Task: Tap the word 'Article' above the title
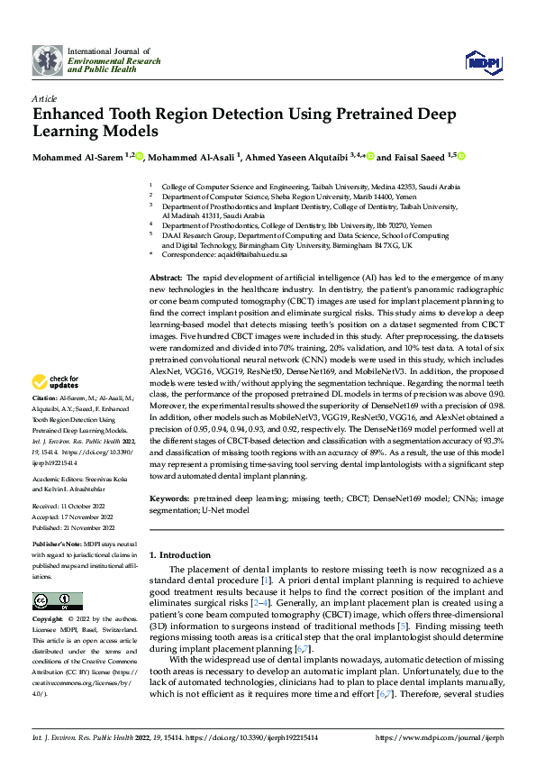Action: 44,97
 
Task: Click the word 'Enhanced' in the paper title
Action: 76,115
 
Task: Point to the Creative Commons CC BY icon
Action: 52,601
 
